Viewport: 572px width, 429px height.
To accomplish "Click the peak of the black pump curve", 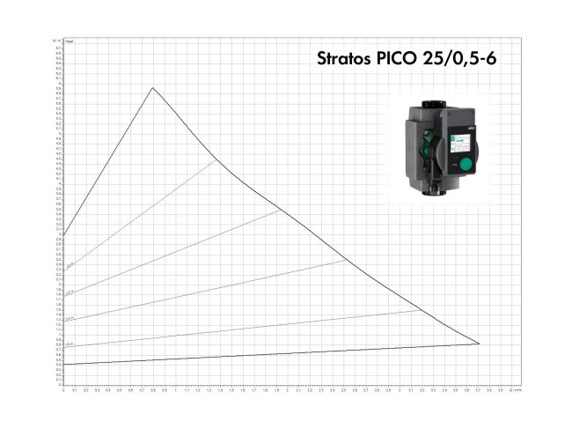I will click(x=153, y=87).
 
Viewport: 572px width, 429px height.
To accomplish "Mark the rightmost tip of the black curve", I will click(x=480, y=344).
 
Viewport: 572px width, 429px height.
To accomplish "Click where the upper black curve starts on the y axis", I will click(x=63, y=235).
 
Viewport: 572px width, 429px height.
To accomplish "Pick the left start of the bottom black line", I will click(x=63, y=364).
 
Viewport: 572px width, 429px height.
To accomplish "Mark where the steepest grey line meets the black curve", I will click(x=216, y=160).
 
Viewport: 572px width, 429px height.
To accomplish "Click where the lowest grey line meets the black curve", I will click(x=422, y=310).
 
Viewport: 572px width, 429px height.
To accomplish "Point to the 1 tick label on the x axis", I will click(x=175, y=390).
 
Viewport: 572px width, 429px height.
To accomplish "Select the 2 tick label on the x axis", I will click(x=287, y=390).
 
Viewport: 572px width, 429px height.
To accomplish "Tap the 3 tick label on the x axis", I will click(x=399, y=390).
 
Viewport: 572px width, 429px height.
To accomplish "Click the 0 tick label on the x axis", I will click(x=63, y=390).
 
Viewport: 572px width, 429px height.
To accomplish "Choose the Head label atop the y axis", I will click(x=70, y=41).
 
